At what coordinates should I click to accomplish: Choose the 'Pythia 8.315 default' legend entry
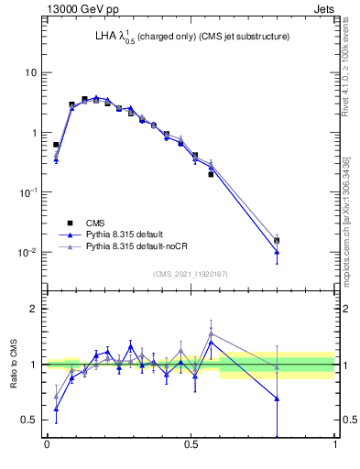[x=128, y=234]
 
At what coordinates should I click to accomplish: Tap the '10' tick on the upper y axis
[x=31, y=72]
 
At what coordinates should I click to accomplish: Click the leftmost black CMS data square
[x=56, y=145]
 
